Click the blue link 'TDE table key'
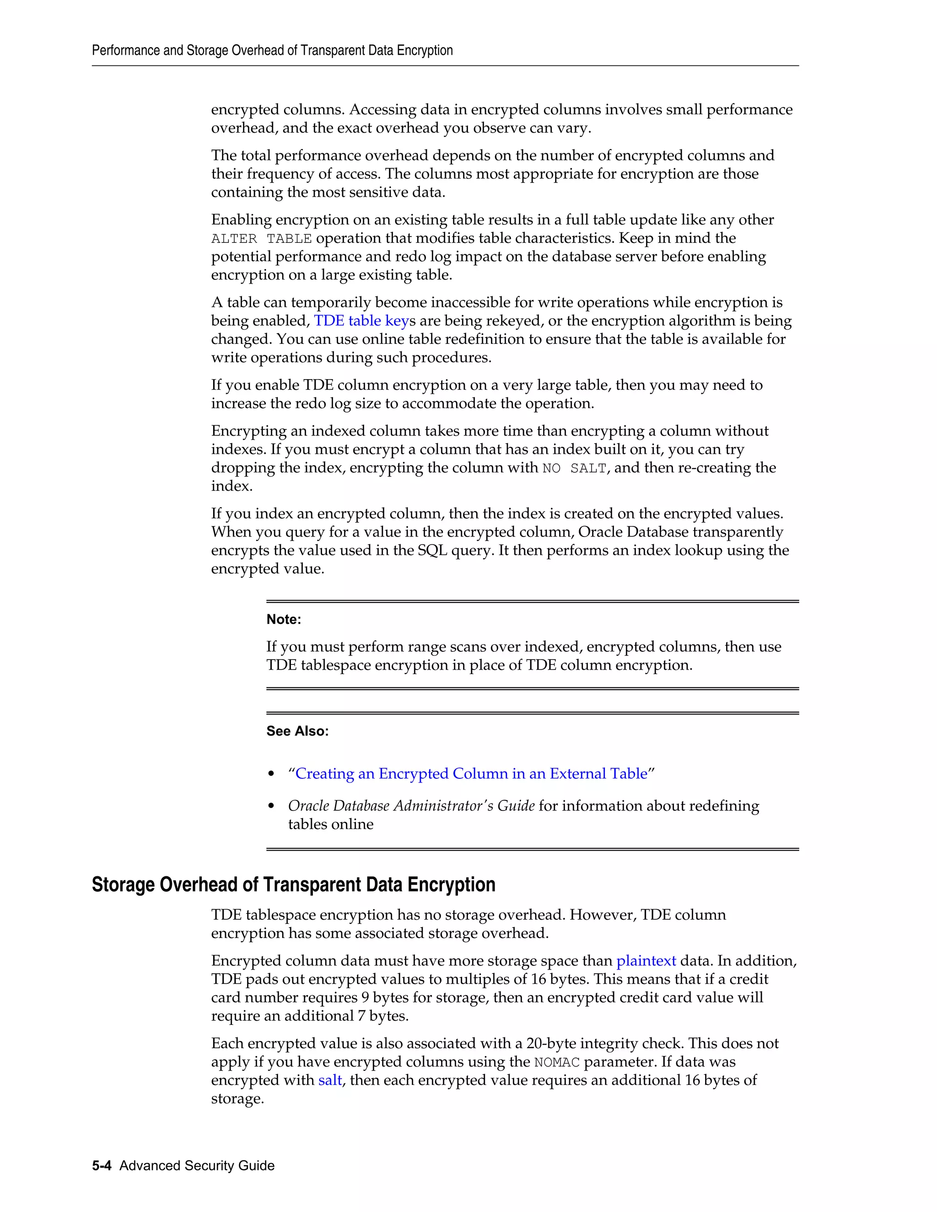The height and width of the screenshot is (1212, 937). tap(361, 321)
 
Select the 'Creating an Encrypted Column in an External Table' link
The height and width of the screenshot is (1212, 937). tap(471, 773)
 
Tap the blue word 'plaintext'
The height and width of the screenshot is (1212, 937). tap(646, 960)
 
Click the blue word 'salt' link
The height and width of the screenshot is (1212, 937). tap(330, 1080)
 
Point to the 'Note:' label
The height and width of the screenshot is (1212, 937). tap(284, 619)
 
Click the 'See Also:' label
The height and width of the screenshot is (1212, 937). tap(297, 731)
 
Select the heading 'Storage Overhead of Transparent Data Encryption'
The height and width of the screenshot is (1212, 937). tap(293, 885)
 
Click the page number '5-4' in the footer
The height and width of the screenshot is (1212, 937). tap(102, 1165)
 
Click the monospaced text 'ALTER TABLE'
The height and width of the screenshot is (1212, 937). tap(261, 239)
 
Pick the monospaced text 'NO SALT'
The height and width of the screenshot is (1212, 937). tap(574, 468)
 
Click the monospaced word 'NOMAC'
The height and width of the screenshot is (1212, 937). tap(556, 1062)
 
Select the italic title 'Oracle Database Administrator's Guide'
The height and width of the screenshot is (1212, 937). tap(411, 806)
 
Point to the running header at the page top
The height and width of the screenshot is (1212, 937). tap(272, 50)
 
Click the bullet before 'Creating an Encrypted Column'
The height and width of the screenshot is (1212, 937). tap(271, 774)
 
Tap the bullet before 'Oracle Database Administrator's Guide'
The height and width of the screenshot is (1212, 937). tap(271, 806)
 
